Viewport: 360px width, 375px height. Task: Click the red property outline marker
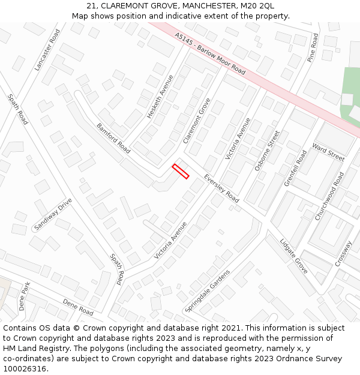(181, 171)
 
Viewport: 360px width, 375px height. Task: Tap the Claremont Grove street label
(197, 121)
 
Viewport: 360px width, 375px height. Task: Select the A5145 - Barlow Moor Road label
(211, 53)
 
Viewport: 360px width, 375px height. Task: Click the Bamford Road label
(113, 138)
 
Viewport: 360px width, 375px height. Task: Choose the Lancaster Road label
(47, 50)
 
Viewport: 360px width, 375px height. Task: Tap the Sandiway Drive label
(53, 214)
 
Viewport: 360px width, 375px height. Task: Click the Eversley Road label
(221, 188)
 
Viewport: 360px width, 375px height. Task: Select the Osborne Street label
(267, 151)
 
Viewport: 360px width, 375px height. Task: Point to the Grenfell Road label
(295, 168)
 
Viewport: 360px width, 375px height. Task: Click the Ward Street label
(328, 153)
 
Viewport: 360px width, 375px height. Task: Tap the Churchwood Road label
(331, 196)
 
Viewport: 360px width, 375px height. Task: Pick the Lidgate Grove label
(294, 256)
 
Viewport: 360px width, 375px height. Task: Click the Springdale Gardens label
(208, 290)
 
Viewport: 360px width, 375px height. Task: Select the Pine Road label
(312, 48)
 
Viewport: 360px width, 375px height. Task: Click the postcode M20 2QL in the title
(253, 5)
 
